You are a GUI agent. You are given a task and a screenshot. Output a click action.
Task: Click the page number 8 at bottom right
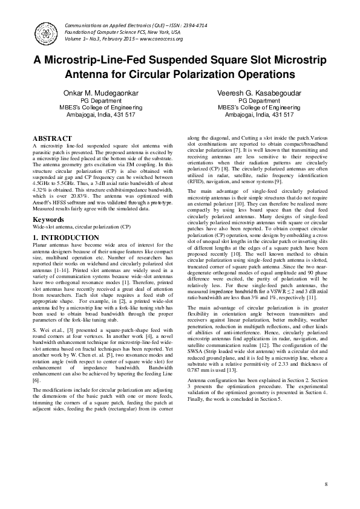pos(325,485)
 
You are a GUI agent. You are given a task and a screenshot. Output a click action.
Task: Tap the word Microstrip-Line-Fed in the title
pos(103,61)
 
